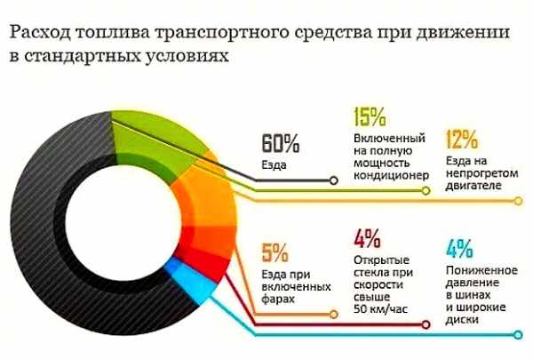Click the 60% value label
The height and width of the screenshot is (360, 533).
(279, 142)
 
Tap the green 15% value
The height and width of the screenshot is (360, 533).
(370, 117)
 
